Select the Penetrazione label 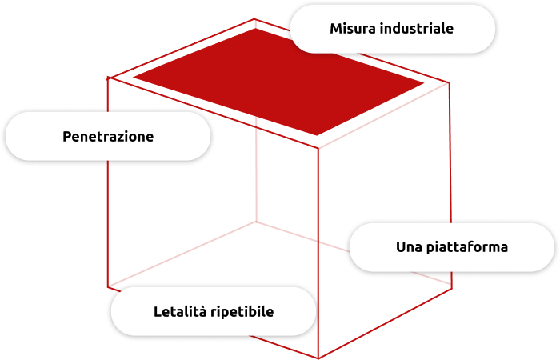pos(108,137)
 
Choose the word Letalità pos(180,312)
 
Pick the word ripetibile pos(242,312)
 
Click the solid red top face pos(278,82)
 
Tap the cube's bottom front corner pos(318,358)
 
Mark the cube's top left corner pos(108,78)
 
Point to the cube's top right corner pos(450,83)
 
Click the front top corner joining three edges pos(318,147)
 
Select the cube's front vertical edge pos(318,252)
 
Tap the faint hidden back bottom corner pos(256,222)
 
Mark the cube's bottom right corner pos(452,289)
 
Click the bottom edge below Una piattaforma pos(385,323)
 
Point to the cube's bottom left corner pos(108,287)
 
